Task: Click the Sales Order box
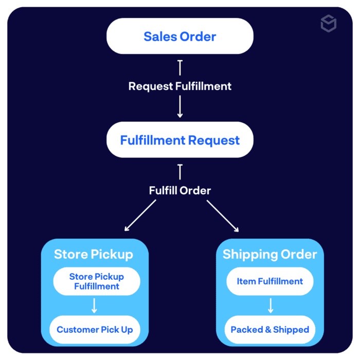pyautogui.click(x=180, y=37)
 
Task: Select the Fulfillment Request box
pyautogui.click(x=180, y=140)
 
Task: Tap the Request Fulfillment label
pyautogui.click(x=180, y=86)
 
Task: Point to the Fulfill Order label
pyautogui.click(x=180, y=190)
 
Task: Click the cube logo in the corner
pyautogui.click(x=329, y=23)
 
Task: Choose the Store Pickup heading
pyautogui.click(x=94, y=254)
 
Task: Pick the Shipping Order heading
pyautogui.click(x=270, y=254)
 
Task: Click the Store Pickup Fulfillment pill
pyautogui.click(x=97, y=281)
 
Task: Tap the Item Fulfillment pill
pyautogui.click(x=270, y=281)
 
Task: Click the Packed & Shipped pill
pyautogui.click(x=270, y=330)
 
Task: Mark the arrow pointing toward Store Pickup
pyautogui.click(x=140, y=215)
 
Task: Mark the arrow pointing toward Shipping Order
pyautogui.click(x=223, y=215)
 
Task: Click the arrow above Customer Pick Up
pyautogui.click(x=94, y=305)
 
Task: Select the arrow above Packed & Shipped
pyautogui.click(x=271, y=305)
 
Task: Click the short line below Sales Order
pyautogui.click(x=180, y=67)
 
